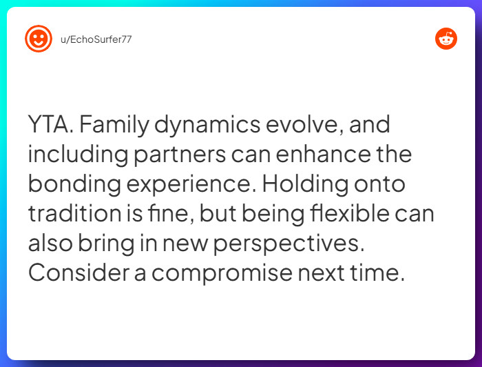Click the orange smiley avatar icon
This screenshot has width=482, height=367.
click(x=39, y=39)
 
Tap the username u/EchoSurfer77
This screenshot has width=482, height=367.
click(x=96, y=39)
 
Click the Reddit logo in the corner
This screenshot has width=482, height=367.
click(x=446, y=39)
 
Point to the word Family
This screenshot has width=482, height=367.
click(x=118, y=126)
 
